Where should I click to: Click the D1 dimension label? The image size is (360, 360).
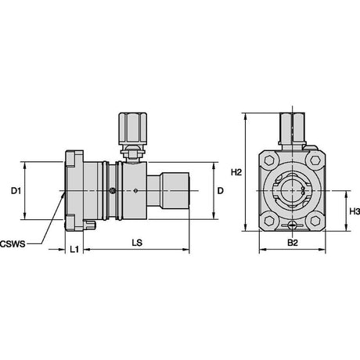click(16, 191)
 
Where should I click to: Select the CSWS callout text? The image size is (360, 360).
click(13, 244)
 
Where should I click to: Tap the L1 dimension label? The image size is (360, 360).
click(74, 250)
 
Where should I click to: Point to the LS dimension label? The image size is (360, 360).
click(137, 243)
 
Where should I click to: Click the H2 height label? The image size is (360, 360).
click(236, 172)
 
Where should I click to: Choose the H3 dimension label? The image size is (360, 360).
click(355, 211)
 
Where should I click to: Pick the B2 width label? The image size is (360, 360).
click(293, 243)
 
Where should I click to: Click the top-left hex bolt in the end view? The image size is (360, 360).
click(269, 160)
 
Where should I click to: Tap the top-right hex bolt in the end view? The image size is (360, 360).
click(315, 160)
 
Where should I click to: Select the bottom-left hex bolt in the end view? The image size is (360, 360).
click(269, 221)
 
